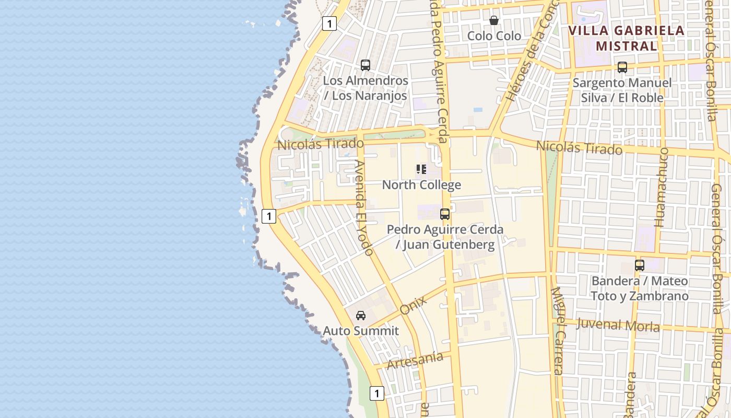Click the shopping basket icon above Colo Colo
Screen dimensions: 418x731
493,20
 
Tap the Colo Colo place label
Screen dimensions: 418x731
494,36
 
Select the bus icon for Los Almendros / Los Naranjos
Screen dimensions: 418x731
365,65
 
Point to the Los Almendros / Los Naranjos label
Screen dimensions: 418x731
365,88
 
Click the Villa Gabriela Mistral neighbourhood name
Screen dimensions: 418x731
626,38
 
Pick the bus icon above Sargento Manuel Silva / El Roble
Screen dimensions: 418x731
622,67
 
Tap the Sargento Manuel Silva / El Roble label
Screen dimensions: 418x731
622,90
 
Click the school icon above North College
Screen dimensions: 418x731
421,169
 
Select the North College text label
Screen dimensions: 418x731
421,184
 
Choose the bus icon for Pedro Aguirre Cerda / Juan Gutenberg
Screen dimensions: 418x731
444,214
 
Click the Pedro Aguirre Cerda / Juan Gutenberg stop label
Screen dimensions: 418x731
445,237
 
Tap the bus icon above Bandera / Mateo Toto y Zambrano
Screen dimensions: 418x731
640,265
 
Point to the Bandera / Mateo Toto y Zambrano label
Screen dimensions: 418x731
640,288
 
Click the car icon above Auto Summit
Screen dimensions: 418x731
360,316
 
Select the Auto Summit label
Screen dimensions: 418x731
361,331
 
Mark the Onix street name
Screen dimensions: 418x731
413,304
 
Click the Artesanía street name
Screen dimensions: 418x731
415,360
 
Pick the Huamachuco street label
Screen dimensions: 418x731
662,187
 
